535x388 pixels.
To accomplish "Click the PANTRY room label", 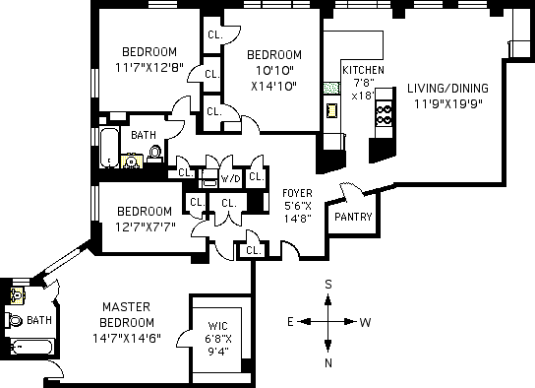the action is click(x=353, y=217).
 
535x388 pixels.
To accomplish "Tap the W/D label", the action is click(x=231, y=178).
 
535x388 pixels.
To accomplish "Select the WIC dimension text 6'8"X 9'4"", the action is click(x=218, y=345).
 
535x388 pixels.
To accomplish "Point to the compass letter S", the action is click(x=328, y=285).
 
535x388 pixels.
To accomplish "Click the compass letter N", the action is click(x=328, y=363).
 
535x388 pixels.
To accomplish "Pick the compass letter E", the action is click(x=290, y=322).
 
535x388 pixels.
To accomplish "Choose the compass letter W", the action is click(x=365, y=322).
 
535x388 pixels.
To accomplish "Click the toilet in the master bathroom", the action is click(x=14, y=320).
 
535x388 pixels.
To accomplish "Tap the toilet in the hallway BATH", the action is click(x=155, y=155).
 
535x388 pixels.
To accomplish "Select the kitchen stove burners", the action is click(x=384, y=114).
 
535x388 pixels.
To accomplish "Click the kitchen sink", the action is click(x=332, y=110).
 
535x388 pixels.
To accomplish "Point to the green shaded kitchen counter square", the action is click(x=331, y=88).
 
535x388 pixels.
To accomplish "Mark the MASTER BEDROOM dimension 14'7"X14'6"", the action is click(x=127, y=338).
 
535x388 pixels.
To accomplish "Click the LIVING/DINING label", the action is click(x=447, y=88).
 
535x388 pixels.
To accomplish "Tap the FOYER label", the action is click(x=297, y=193).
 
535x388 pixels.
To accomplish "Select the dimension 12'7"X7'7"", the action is click(x=145, y=226).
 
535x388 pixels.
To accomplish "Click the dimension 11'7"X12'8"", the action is click(x=149, y=67).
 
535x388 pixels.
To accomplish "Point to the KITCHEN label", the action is click(x=363, y=70).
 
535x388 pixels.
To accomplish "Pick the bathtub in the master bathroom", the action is click(x=31, y=348).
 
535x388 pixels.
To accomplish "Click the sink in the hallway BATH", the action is click(x=131, y=162).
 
